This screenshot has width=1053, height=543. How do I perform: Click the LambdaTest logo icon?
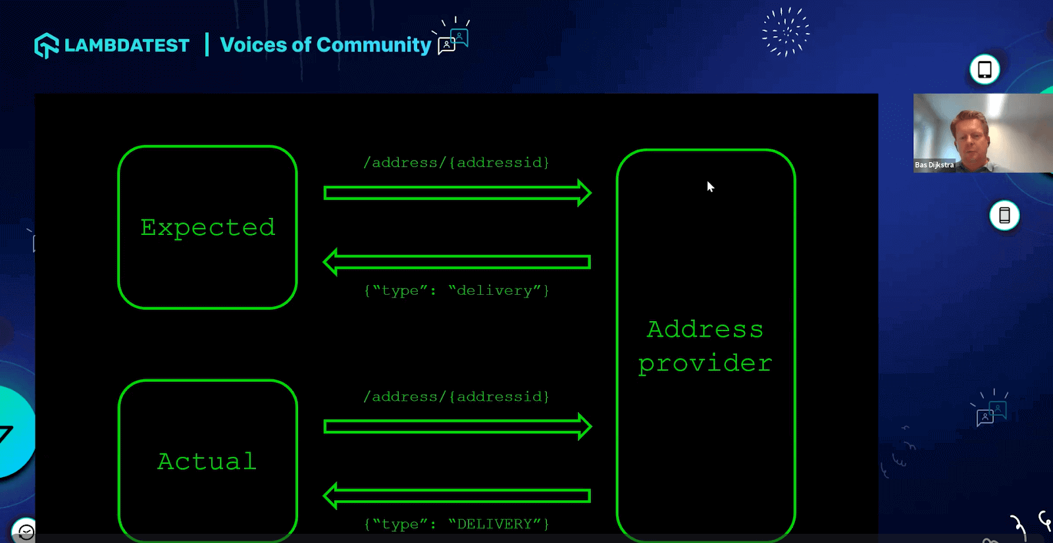pos(47,45)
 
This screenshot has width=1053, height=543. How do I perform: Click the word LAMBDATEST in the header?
pos(127,45)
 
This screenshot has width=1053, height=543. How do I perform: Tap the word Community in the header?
pos(374,45)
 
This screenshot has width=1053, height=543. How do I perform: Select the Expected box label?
pos(207,228)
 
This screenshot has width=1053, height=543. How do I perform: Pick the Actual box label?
pos(207,461)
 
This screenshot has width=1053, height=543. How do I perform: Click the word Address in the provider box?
pos(705,329)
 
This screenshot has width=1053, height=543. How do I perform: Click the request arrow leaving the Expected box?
pos(457,193)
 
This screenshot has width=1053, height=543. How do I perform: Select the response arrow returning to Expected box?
pos(457,262)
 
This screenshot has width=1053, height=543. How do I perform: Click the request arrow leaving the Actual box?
pos(457,427)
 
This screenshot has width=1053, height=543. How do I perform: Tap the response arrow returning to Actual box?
pos(457,496)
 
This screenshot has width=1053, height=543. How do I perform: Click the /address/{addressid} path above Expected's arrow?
pos(456,163)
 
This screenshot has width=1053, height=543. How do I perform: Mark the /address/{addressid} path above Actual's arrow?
pos(456,397)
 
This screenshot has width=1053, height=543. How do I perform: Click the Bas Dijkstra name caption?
pos(934,165)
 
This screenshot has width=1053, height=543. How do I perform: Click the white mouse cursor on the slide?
pos(710,187)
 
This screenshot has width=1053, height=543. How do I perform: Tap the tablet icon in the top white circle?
pos(985,70)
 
